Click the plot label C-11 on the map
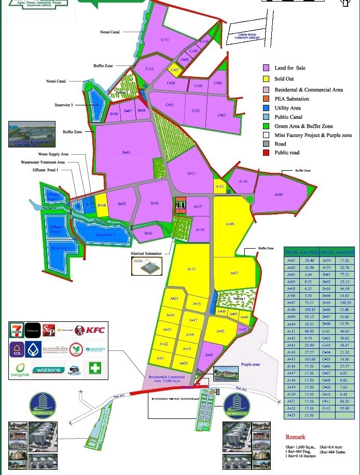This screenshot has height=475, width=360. click(165, 40)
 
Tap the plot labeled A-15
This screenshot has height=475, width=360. click(191, 269)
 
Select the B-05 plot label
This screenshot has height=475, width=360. click(126, 153)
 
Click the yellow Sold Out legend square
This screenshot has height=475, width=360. click(266, 79)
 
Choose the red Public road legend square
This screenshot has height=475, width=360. click(266, 153)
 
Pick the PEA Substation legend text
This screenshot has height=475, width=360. click(292, 99)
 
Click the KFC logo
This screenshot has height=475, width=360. click(91, 330)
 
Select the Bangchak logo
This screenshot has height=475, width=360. click(19, 370)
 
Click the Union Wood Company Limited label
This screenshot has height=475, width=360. click(246, 36)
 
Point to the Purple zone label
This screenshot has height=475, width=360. click(251, 365)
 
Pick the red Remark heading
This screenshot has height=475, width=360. click(295, 437)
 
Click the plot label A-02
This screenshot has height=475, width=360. click(220, 331)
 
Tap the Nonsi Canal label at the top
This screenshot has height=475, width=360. click(110, 32)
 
